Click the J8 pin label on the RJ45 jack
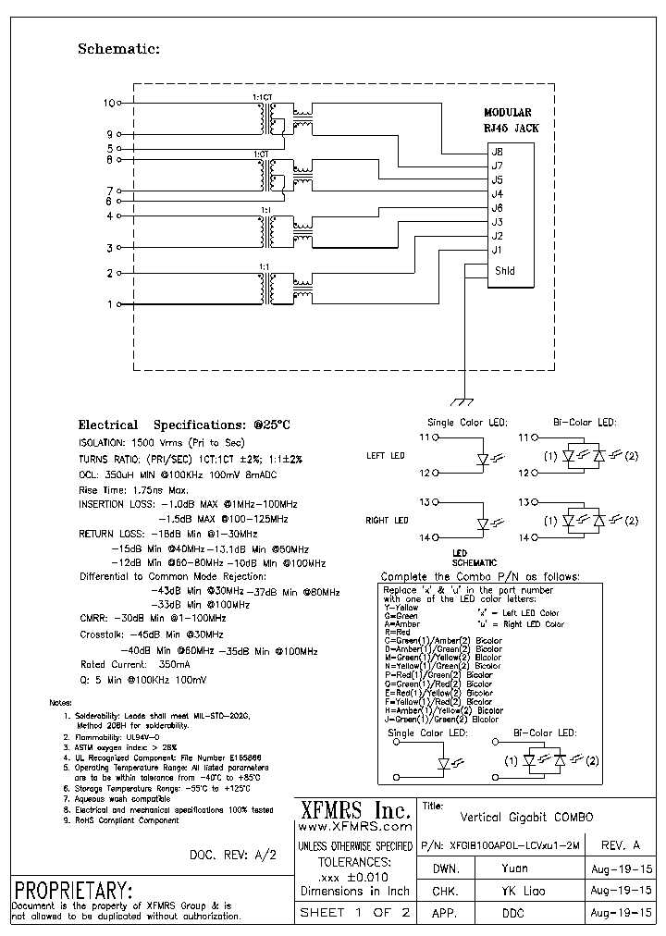click(x=497, y=152)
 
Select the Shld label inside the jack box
click(x=504, y=271)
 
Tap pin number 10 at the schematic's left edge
click(x=109, y=103)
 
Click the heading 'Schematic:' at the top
click(x=118, y=49)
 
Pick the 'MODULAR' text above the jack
click(x=508, y=112)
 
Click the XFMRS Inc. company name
click(x=355, y=810)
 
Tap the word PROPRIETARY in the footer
click(x=74, y=892)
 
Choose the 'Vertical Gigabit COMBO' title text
click(x=526, y=818)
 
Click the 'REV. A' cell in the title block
click(x=620, y=845)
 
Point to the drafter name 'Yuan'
click(x=515, y=869)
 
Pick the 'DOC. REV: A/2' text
click(x=232, y=855)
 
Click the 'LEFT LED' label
click(x=386, y=456)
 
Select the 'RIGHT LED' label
click(x=388, y=521)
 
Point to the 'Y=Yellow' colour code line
click(x=401, y=608)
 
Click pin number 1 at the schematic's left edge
click(x=110, y=304)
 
